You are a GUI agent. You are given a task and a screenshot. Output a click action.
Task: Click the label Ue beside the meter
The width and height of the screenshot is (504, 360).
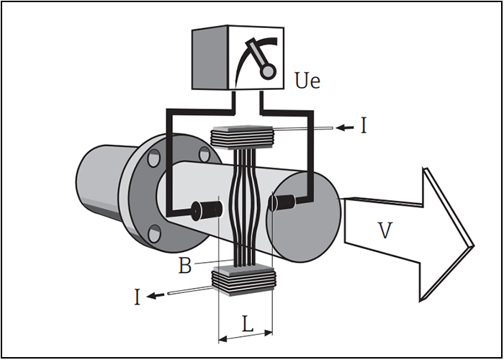307,81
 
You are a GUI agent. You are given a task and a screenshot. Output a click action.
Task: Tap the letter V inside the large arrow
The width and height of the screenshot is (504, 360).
384,230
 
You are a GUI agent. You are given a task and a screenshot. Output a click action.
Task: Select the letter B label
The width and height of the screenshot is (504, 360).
185,266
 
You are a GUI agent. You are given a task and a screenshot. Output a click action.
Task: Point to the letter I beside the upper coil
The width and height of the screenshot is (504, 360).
364,126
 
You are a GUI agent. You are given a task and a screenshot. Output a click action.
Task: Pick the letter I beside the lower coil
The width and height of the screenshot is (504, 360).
138,297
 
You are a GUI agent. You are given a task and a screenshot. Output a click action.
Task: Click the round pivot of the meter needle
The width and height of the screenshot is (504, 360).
268,71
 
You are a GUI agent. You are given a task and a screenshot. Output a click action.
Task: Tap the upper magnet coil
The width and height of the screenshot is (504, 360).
241,138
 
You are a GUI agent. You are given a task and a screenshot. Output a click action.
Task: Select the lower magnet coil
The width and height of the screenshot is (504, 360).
243,280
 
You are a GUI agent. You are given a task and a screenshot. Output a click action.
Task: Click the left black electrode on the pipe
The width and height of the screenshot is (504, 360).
207,210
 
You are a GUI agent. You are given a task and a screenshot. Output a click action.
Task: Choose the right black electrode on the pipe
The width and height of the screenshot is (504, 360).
282,202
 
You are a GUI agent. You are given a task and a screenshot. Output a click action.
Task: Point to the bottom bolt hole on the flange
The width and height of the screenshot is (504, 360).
155,233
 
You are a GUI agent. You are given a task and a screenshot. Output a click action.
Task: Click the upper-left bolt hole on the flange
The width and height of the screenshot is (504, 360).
153,158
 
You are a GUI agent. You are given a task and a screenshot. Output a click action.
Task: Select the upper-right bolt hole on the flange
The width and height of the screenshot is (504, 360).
204,154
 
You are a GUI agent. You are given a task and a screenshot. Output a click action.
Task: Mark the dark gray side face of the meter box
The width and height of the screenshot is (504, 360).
210,57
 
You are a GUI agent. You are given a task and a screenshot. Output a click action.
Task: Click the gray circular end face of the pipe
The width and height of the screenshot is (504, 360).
304,217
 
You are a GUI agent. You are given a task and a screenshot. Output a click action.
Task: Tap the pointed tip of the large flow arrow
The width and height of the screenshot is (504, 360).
474,246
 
